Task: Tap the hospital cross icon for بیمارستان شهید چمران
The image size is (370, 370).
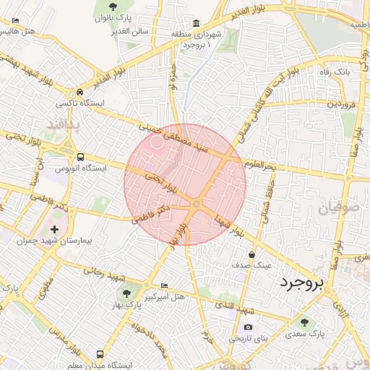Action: click(53, 229)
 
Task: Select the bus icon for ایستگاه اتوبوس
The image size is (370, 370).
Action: click(79, 156)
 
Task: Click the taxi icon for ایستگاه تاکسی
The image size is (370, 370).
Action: click(79, 92)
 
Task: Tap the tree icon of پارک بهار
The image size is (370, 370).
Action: click(127, 293)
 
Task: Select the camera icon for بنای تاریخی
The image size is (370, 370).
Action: click(248, 327)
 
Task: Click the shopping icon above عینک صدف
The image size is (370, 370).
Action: click(251, 254)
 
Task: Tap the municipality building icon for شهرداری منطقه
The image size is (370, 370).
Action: click(197, 23)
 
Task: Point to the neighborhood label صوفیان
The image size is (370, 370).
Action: click(337, 210)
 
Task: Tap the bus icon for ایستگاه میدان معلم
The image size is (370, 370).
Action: click(99, 355)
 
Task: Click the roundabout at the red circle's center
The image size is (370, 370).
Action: click(196, 205)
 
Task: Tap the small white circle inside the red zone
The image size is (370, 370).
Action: click(158, 142)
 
